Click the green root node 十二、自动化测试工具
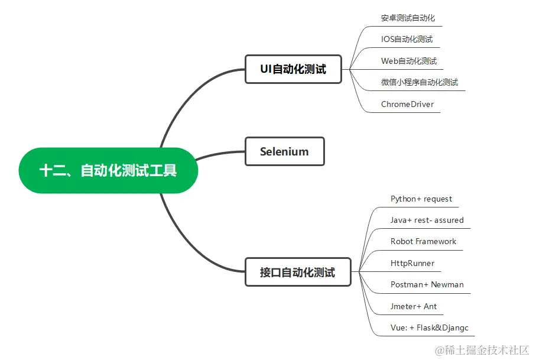(108, 171)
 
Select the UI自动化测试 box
(293, 69)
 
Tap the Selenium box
(284, 151)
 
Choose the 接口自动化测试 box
(297, 273)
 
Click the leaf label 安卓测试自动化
(408, 18)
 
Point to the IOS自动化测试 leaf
(407, 39)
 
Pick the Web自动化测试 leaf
(409, 61)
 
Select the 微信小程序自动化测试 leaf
(420, 82)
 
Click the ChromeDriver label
(407, 104)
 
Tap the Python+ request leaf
(421, 199)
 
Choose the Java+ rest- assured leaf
(427, 220)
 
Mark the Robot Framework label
(423, 241)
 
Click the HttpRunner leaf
(412, 263)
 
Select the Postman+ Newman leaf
(427, 284)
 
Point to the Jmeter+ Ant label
(414, 306)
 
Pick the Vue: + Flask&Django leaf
(430, 327)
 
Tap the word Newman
(447, 284)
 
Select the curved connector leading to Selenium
(219, 154)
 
